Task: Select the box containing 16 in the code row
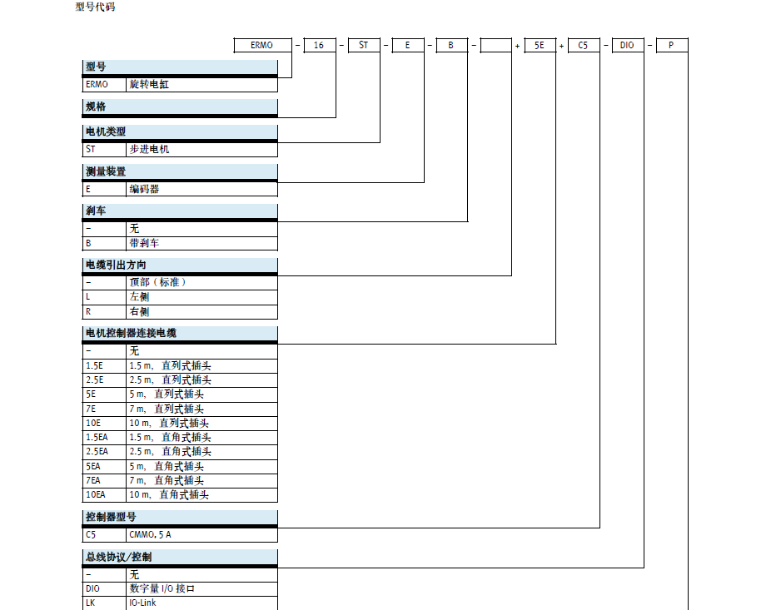[x=320, y=45]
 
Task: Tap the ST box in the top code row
[x=364, y=45]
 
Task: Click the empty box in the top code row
[x=496, y=45]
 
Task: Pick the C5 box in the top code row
[x=584, y=45]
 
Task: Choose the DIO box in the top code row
[x=628, y=45]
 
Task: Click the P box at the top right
[x=672, y=45]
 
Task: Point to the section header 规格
[x=96, y=107]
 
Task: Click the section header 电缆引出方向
[x=116, y=265]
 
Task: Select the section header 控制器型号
[x=111, y=517]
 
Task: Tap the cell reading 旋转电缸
[x=149, y=85]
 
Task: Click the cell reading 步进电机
[x=149, y=150]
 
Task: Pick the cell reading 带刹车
[x=144, y=243]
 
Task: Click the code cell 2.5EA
[x=97, y=452]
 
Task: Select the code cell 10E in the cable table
[x=93, y=423]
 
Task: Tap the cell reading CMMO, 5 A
[x=150, y=535]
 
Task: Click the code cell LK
[x=90, y=603]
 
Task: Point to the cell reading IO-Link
[x=142, y=603]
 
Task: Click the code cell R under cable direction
[x=88, y=312]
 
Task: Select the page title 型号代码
[x=95, y=7]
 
